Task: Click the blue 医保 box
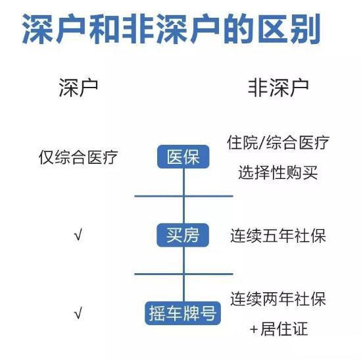183,157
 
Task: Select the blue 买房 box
183,235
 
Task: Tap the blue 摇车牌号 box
183,313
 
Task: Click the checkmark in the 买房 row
78,234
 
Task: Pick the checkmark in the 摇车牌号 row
78,313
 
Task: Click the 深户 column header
78,88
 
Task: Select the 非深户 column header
278,88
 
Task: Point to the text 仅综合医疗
78,157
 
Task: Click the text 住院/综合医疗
278,142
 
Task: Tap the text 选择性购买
278,172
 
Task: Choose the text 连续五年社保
278,236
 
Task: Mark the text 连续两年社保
278,299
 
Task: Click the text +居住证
279,328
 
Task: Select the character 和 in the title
105,29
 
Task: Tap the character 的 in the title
239,29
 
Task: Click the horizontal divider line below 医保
183,196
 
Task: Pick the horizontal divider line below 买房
183,274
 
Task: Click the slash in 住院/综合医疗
262,142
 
